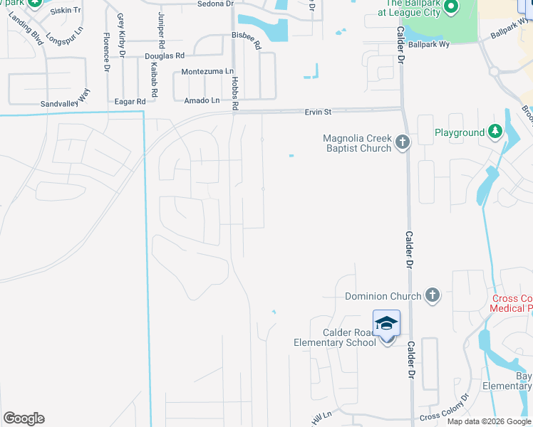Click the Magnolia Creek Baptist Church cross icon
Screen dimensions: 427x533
coord(403,142)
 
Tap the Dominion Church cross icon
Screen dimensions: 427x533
coord(431,296)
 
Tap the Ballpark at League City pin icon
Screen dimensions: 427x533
coord(450,7)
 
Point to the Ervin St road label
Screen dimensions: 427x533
coord(318,112)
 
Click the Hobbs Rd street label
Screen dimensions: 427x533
coord(234,93)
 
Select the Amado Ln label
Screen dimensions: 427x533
coord(202,101)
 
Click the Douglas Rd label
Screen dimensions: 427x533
coord(164,56)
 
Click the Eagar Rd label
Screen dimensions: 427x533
coord(130,102)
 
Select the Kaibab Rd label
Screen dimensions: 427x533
coord(153,74)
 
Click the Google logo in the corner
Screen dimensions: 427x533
coord(24,418)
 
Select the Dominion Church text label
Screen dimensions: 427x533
coord(376,296)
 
